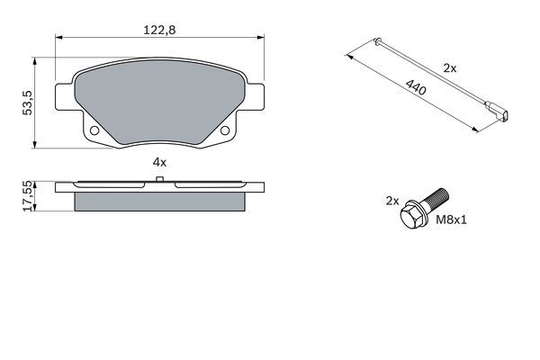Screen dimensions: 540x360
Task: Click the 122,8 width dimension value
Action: coord(159,30)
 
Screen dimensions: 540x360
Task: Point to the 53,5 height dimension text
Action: coord(27,103)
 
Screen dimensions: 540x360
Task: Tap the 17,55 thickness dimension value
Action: coord(27,196)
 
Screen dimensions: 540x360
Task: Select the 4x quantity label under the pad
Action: coord(159,162)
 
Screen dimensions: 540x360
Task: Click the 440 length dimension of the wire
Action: coord(416,87)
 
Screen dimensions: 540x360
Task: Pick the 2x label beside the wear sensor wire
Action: coord(449,68)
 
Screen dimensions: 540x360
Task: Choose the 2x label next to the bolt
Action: coord(391,201)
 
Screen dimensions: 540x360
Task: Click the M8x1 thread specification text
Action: coord(451,220)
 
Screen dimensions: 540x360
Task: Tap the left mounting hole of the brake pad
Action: coord(94,130)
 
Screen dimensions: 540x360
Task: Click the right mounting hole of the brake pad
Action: coord(224,130)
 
